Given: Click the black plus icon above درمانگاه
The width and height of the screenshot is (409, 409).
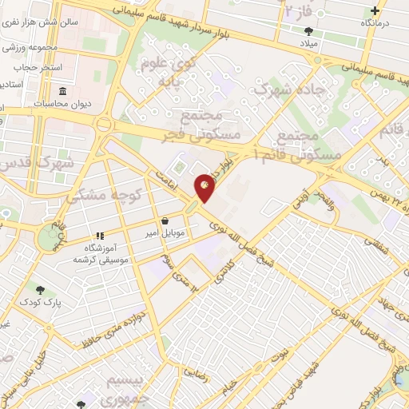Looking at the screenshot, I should [x=376, y=11].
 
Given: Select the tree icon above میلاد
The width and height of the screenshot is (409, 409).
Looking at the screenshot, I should [x=308, y=31].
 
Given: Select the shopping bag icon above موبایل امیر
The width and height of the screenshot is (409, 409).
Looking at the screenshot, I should [x=165, y=220].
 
